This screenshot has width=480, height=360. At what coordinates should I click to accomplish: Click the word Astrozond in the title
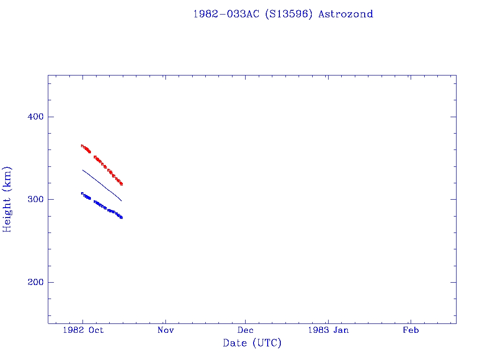coord(345,14)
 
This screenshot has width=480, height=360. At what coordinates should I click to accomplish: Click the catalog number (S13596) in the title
coord(289,14)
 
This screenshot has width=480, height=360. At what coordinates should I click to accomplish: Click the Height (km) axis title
coord(7,199)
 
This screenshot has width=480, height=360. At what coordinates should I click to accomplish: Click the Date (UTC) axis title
coord(252,343)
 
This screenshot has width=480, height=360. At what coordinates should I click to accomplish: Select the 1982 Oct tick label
coord(82,330)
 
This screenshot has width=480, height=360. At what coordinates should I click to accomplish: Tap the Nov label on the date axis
coord(165,330)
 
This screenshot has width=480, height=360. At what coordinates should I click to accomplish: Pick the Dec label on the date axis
coord(245,330)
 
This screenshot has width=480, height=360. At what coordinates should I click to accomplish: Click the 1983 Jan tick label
coord(328,330)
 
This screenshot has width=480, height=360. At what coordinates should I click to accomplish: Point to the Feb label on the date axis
coord(411,330)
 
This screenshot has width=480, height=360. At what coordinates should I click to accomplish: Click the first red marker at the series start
coord(82,146)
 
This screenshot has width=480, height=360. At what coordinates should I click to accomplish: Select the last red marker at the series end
coord(121,184)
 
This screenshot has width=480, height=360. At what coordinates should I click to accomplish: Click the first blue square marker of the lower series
coord(82,193)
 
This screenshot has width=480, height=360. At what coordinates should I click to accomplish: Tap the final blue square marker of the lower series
coord(121,217)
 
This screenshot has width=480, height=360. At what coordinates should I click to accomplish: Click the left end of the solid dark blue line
coord(82,170)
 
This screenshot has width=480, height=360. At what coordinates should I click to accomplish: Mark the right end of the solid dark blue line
coord(121,201)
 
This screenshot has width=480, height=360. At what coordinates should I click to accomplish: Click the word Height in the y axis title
coord(7,215)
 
